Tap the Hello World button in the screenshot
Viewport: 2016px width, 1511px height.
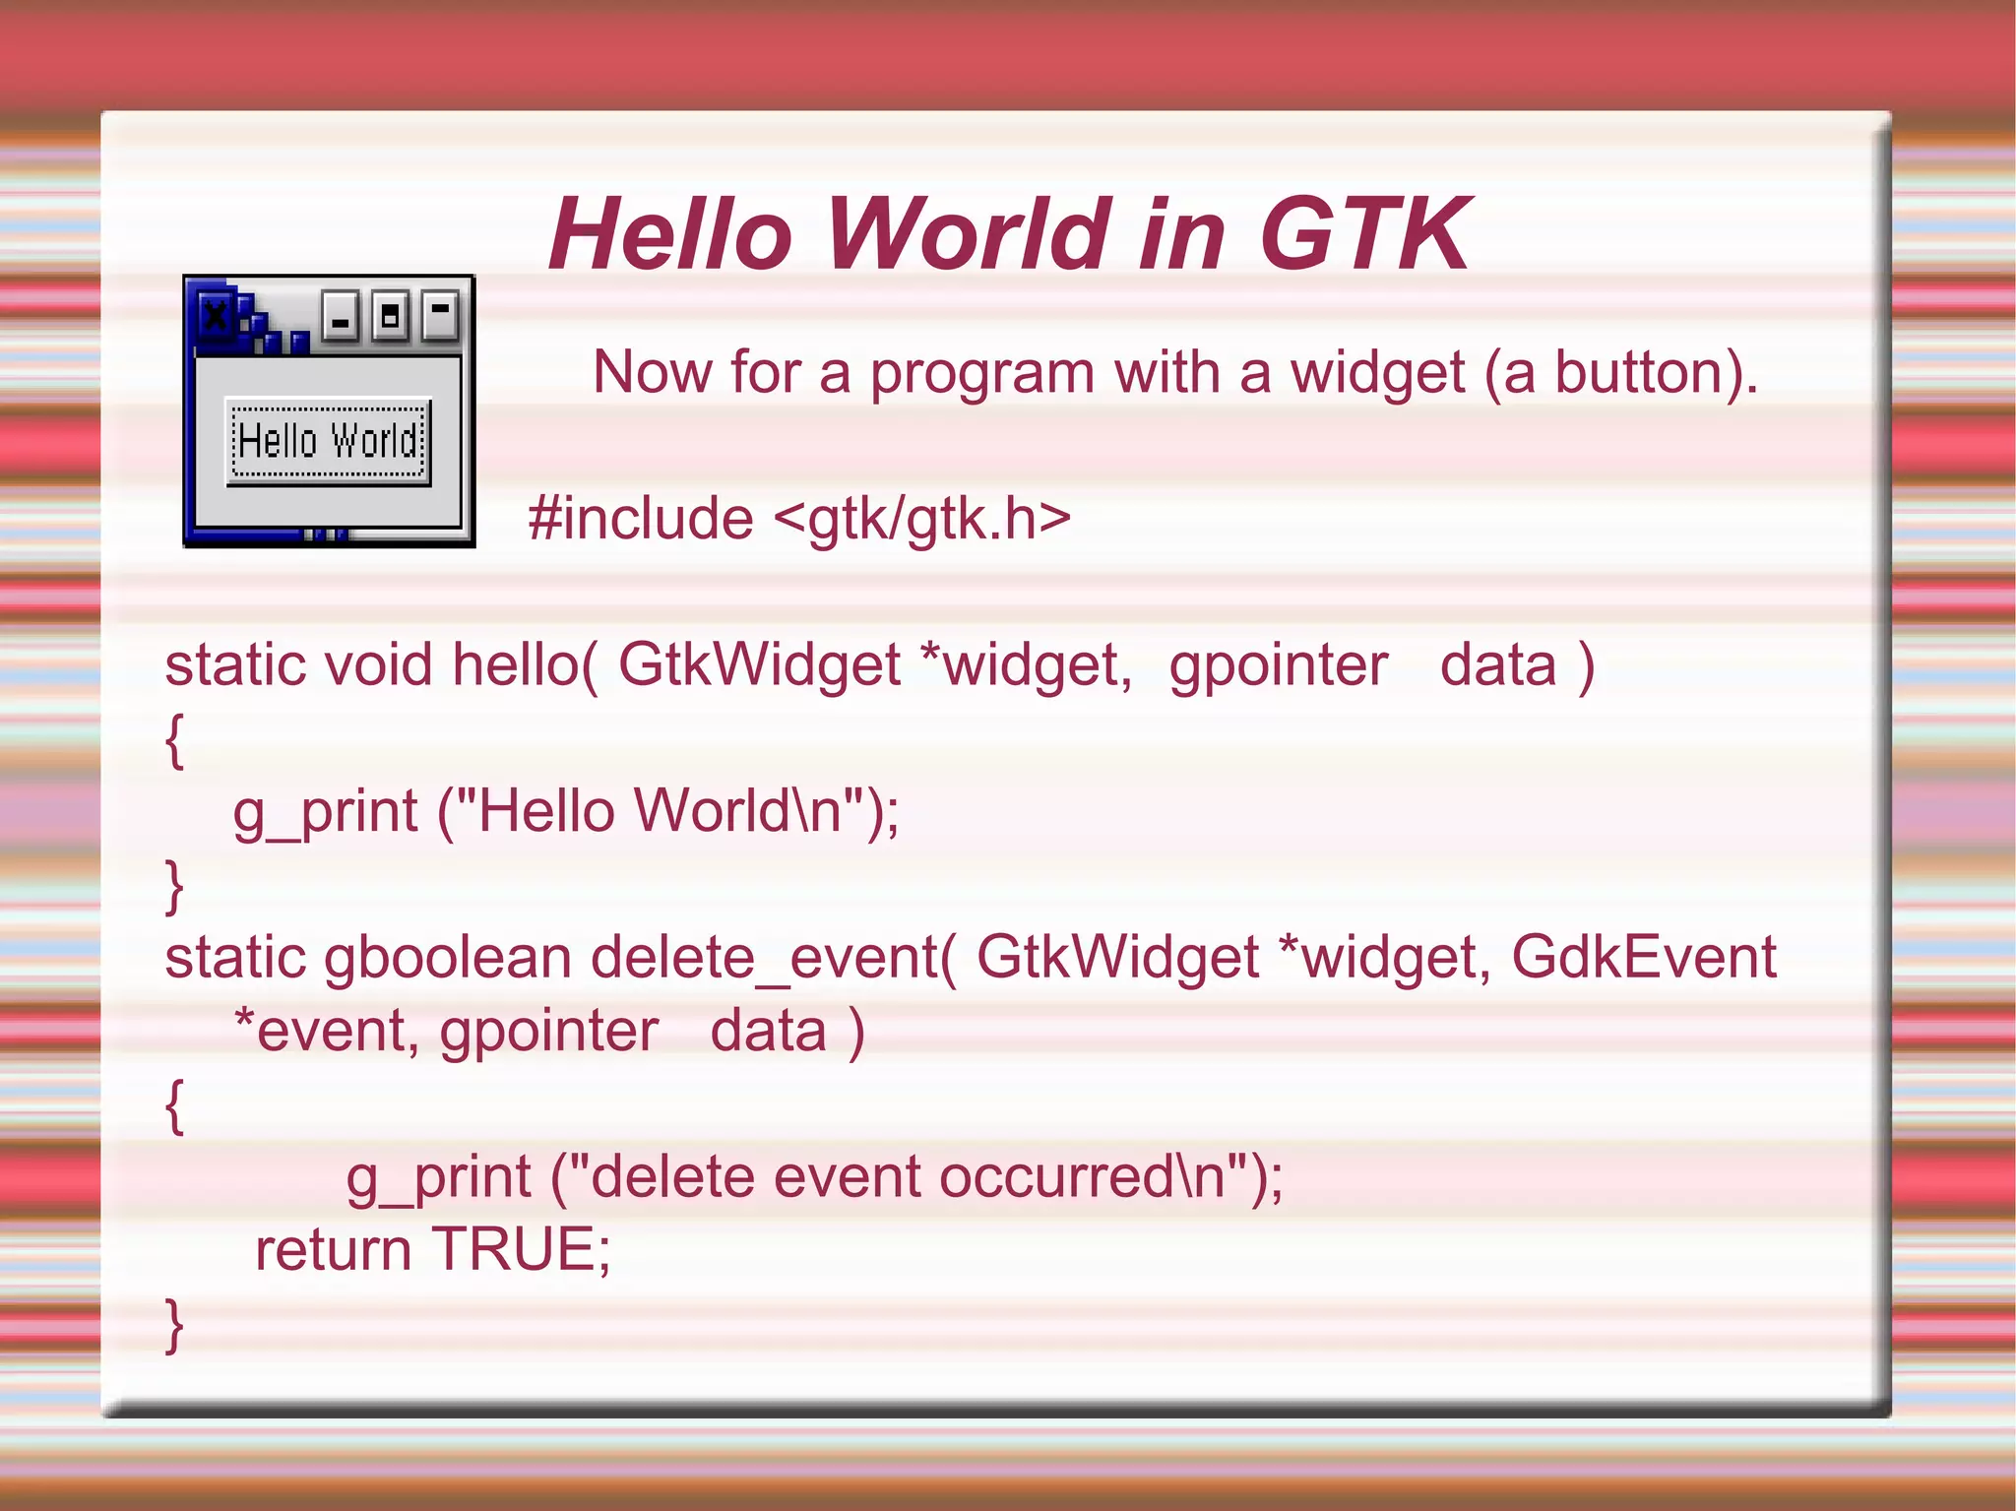point(328,441)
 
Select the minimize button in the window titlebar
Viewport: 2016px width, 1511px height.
point(341,317)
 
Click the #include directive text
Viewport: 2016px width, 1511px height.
point(641,519)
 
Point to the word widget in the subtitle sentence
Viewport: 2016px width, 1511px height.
point(1377,374)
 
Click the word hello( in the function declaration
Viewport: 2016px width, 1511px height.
point(524,665)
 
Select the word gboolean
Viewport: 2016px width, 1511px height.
point(448,958)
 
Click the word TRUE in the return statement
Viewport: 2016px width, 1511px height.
point(521,1249)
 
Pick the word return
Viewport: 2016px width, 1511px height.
point(333,1250)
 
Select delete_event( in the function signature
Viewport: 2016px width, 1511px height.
point(773,958)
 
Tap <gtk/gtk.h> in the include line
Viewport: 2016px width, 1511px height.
point(922,519)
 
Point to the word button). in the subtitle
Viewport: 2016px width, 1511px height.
point(1655,374)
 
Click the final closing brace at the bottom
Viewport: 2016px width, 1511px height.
point(174,1325)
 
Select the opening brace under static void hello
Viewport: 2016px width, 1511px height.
point(174,740)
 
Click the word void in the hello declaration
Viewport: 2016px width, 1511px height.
point(378,665)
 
